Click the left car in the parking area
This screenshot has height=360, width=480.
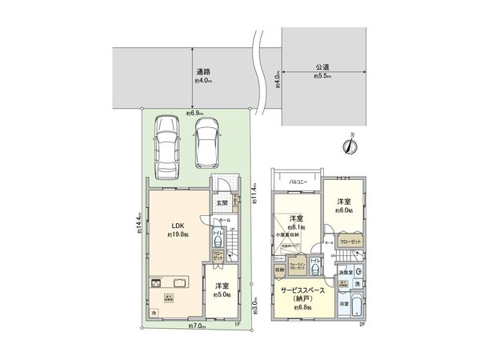pos(169,142)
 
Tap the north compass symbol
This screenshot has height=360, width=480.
pos(349,145)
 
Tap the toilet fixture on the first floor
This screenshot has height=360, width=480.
pos(218,240)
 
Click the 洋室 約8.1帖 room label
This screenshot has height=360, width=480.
pos(296,222)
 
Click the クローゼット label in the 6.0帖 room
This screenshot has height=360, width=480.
pos(350,242)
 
